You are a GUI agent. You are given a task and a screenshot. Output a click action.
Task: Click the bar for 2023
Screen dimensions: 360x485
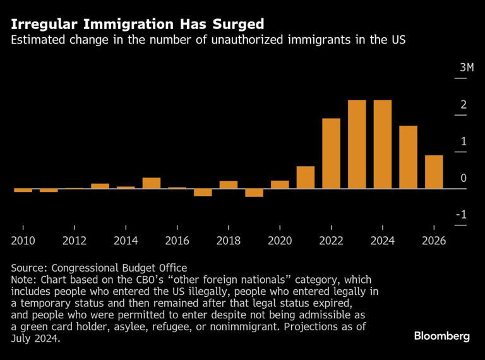pyautogui.click(x=357, y=145)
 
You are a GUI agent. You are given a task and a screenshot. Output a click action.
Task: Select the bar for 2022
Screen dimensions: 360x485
pyautogui.click(x=331, y=153)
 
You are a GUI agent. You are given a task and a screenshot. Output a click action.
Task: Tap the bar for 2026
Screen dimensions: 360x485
pyautogui.click(x=434, y=172)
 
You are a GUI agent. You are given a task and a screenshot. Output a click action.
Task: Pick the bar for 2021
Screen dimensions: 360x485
pyautogui.click(x=306, y=177)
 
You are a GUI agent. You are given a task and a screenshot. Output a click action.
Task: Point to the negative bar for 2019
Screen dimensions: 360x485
pyautogui.click(x=254, y=193)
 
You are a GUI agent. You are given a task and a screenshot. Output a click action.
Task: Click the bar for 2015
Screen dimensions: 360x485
pyautogui.click(x=152, y=183)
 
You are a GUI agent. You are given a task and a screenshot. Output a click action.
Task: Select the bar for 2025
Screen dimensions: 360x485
pyautogui.click(x=408, y=157)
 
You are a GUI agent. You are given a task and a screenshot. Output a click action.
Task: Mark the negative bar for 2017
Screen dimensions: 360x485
pyautogui.click(x=203, y=193)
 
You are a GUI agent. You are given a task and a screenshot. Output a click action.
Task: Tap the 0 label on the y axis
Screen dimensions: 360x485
pyautogui.click(x=463, y=178)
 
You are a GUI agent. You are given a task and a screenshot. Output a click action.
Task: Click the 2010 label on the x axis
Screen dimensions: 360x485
pyautogui.click(x=23, y=241)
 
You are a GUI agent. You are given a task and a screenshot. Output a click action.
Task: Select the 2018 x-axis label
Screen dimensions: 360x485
pyautogui.click(x=229, y=241)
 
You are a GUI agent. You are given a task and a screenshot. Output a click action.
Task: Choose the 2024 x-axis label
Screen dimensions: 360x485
pyautogui.click(x=383, y=241)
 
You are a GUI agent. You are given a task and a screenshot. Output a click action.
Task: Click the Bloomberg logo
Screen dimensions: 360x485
pyautogui.click(x=442, y=336)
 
